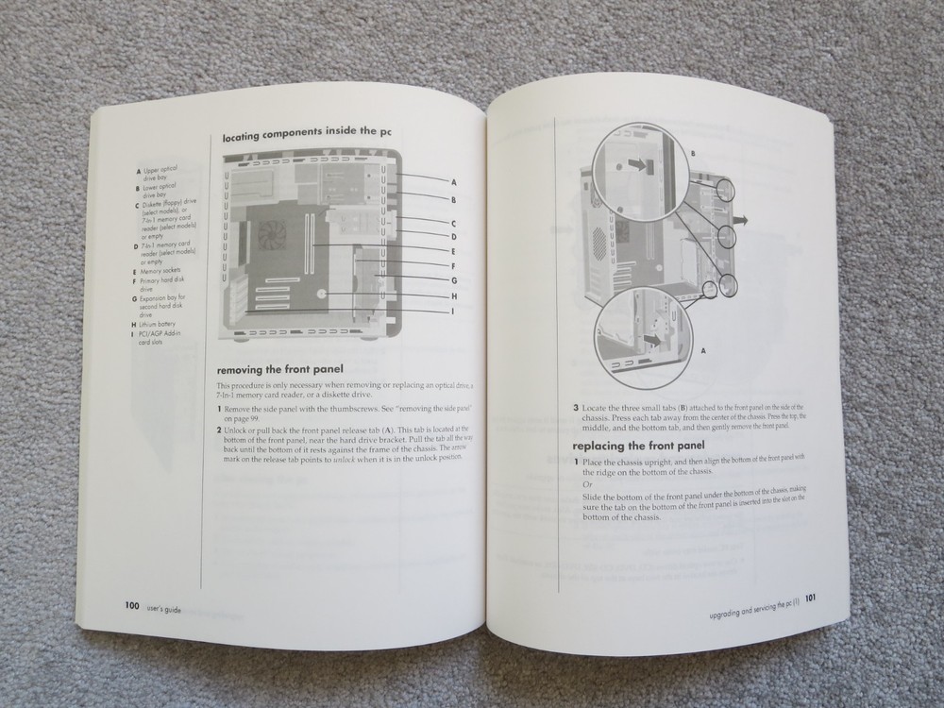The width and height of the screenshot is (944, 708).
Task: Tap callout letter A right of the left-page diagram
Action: click(453, 180)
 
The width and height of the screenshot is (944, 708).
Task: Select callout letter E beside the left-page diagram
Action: click(453, 251)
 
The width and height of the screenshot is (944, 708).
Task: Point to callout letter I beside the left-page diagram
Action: click(453, 312)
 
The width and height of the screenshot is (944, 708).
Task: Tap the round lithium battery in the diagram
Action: click(323, 294)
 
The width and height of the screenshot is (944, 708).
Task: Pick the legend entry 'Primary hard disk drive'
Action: click(165, 284)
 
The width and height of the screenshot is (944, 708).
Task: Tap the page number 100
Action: click(126, 608)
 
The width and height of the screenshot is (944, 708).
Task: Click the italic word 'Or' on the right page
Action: click(589, 483)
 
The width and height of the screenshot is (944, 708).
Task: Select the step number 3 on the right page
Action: click(577, 408)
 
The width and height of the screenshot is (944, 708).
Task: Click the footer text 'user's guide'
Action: click(164, 610)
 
